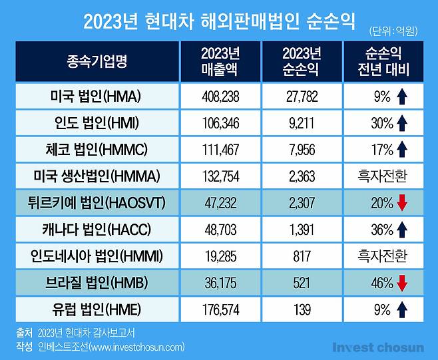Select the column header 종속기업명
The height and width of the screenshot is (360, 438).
pyautogui.click(x=97, y=62)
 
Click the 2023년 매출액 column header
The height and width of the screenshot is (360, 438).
pyautogui.click(x=220, y=62)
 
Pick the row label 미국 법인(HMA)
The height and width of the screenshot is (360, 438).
pyautogui.click(x=97, y=96)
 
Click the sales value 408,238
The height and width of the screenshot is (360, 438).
pyautogui.click(x=220, y=96)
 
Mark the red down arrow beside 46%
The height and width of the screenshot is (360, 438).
pyautogui.click(x=401, y=283)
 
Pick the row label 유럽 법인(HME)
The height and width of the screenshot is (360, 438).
pyautogui.click(x=97, y=309)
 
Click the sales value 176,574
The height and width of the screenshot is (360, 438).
pyautogui.click(x=220, y=309)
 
